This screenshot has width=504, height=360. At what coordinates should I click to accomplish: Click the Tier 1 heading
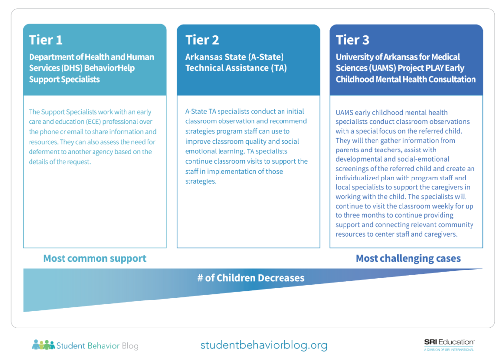coord(46,40)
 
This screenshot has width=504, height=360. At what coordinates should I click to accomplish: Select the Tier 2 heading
coord(202,40)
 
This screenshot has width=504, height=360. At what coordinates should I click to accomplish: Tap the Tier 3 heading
coord(352,40)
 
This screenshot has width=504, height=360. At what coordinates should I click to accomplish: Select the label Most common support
coord(94,258)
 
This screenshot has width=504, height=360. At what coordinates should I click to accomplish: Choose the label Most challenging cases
coord(408,258)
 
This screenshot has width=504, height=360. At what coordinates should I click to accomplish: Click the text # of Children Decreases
coord(251,278)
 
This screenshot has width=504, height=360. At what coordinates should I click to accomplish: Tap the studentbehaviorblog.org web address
coord(264,345)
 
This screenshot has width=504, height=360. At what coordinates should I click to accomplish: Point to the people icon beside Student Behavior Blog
coord(43,345)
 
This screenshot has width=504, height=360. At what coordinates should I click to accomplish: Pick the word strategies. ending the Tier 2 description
coord(200,181)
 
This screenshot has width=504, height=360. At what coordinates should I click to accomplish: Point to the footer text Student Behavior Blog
coord(97,346)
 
